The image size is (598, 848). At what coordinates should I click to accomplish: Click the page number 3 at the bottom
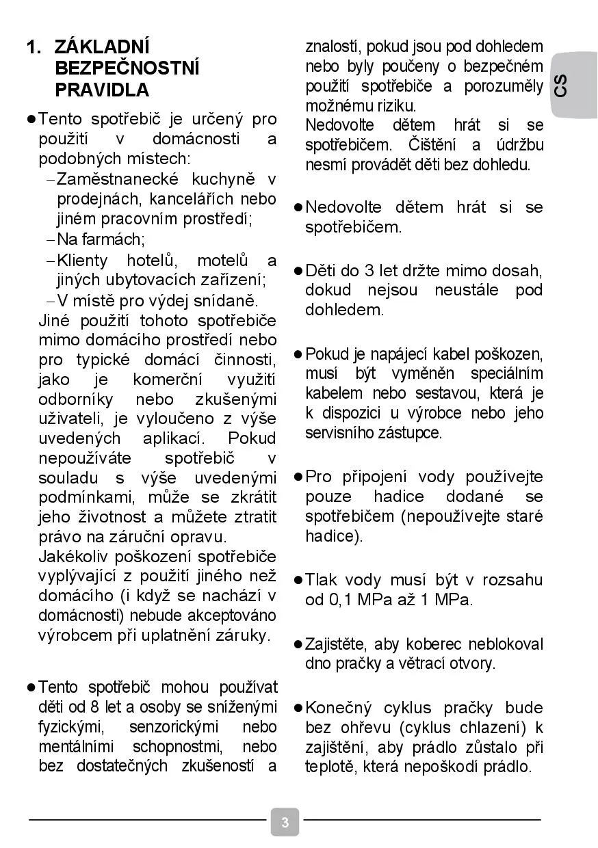click(285, 821)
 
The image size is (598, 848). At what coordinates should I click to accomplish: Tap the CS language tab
click(561, 86)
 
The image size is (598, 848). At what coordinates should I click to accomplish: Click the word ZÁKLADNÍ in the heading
click(101, 47)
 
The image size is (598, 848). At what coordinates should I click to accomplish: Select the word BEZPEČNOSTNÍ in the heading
click(127, 68)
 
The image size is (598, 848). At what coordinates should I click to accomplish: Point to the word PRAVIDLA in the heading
click(101, 90)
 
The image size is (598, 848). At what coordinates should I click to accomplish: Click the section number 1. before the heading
click(34, 47)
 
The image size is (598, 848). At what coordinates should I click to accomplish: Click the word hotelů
click(153, 261)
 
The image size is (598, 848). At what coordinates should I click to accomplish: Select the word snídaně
click(229, 300)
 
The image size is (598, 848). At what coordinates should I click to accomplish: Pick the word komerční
click(165, 380)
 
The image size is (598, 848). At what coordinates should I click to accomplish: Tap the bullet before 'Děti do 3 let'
click(298, 270)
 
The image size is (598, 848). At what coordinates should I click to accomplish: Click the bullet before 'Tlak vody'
click(298, 580)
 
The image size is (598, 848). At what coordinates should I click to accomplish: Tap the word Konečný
click(338, 707)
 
